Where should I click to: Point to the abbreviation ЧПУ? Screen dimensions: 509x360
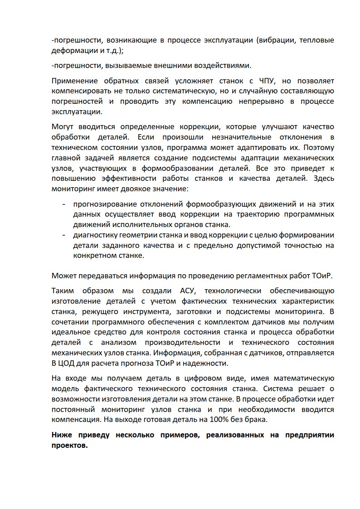click(268, 81)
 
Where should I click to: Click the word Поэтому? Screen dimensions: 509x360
click(319, 147)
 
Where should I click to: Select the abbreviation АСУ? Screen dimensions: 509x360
click(188, 291)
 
